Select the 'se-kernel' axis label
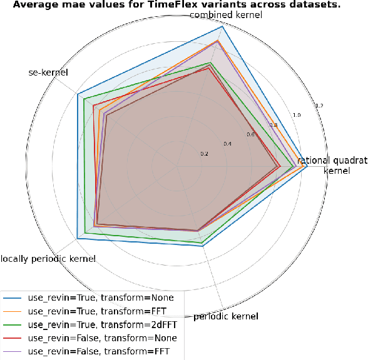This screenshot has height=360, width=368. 48,73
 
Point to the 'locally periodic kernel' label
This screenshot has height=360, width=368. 48,259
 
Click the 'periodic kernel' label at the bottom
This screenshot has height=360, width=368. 226,317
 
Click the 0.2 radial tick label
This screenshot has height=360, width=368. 204,154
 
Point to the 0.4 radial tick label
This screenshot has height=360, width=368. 227,144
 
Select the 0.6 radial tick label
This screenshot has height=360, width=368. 250,135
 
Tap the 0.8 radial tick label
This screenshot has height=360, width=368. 273,125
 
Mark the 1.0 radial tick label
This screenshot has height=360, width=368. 297,115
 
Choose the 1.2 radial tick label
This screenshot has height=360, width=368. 319,106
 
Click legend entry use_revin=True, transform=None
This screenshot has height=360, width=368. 101,298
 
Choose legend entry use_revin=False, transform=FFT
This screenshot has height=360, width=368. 100,351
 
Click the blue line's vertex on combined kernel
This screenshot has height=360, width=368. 222,27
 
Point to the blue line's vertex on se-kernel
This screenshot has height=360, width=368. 78,95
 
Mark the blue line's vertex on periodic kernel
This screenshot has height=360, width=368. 203,246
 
